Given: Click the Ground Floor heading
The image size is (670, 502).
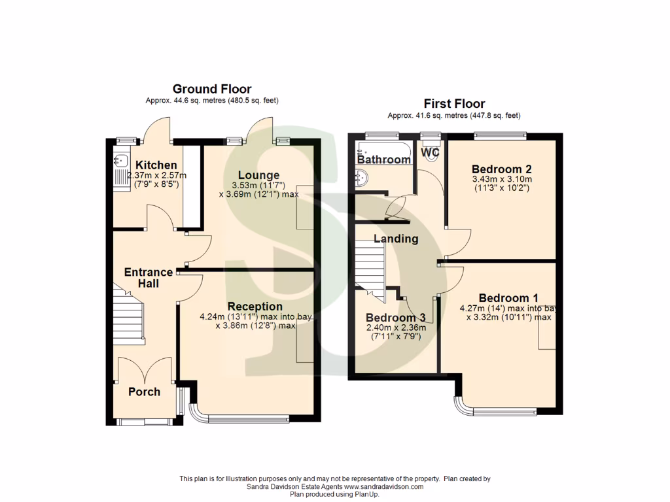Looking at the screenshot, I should [211, 89].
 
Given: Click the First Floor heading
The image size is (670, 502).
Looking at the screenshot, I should [454, 103].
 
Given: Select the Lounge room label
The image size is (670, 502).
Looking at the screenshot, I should [258, 175].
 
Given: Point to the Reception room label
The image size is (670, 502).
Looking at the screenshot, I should [255, 307].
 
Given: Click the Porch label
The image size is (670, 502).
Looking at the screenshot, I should [144, 392].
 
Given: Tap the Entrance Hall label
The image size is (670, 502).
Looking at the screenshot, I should [149, 278].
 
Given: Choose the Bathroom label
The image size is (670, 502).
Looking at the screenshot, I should [384, 159].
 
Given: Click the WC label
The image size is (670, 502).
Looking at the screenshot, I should [430, 152].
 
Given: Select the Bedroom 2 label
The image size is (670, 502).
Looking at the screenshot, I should [502, 169].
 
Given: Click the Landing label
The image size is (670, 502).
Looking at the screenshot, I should [396, 239].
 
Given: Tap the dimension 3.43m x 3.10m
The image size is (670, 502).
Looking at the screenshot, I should [502, 180].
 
